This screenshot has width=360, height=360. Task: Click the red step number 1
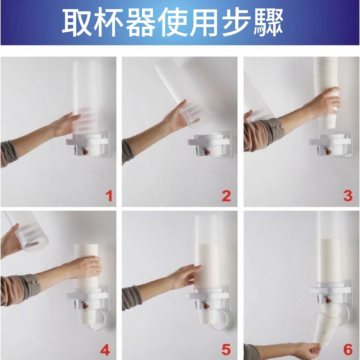coord(109,196)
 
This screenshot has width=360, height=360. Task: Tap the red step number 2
coord(226,196)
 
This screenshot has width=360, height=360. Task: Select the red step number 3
coord(348,196)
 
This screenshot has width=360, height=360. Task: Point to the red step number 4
coord(105,350)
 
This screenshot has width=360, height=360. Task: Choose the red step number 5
coord(226,350)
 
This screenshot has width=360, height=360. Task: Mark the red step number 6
coord(348,350)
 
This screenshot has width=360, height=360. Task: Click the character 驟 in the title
coord(268,22)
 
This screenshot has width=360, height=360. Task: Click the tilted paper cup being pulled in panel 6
coord(326,328)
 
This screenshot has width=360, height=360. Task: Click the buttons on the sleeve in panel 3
coord(279,127)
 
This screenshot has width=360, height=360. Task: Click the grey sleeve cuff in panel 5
coord(130,298)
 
